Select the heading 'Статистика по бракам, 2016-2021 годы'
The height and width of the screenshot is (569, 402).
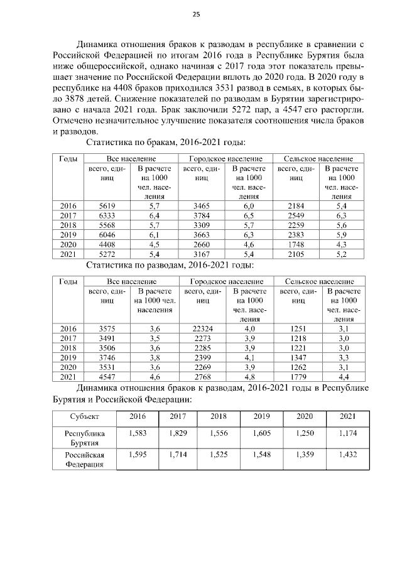[x=166, y=143]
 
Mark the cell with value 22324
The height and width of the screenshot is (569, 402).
[x=201, y=328]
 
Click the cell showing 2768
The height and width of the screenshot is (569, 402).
[x=201, y=377]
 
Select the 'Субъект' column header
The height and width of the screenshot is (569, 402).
[x=84, y=416]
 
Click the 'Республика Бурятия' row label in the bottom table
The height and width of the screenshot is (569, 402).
[x=84, y=438]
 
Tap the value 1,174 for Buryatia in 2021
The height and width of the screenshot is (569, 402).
[x=347, y=433]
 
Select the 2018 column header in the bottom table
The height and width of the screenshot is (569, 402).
[x=219, y=416]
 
